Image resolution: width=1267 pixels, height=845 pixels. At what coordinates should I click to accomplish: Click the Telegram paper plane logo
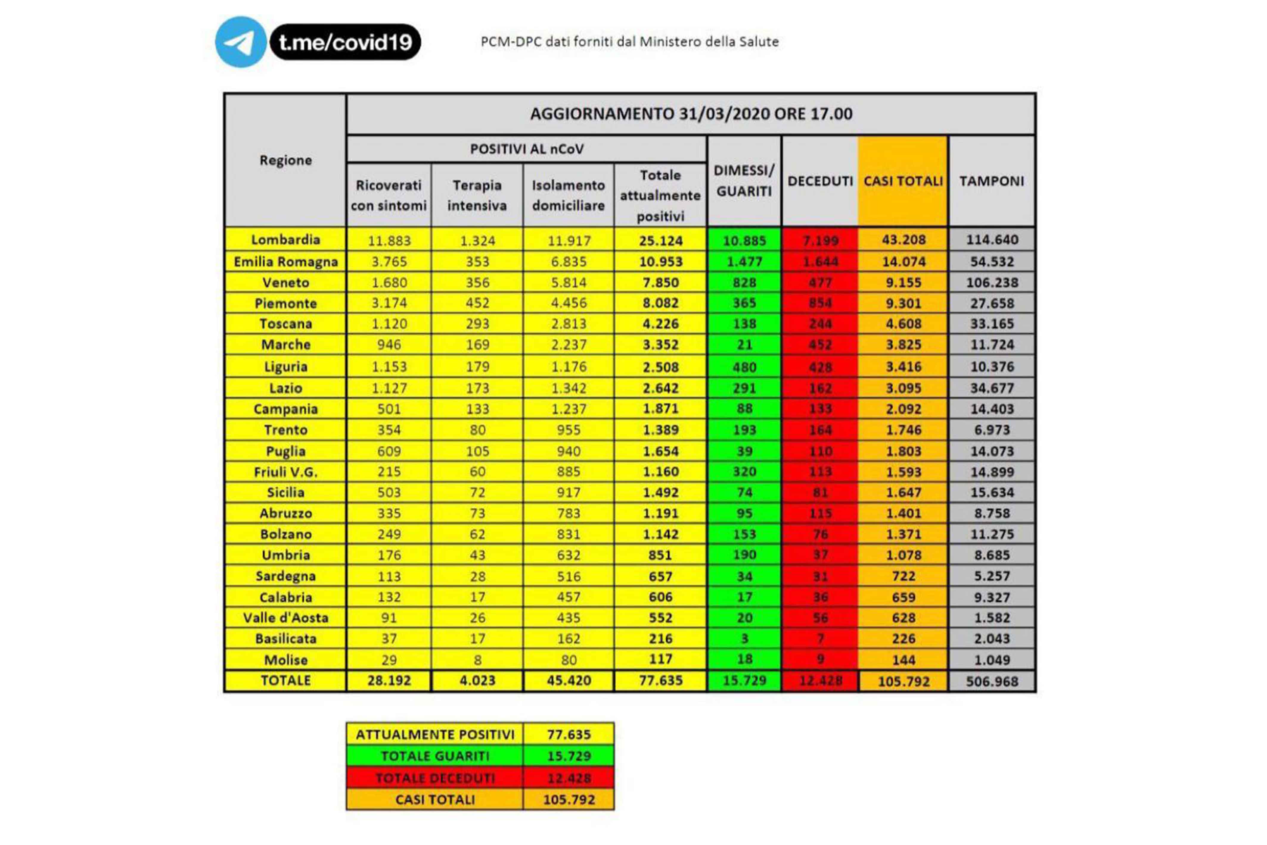(x=240, y=42)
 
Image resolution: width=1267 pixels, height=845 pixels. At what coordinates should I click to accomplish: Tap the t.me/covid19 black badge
(x=345, y=42)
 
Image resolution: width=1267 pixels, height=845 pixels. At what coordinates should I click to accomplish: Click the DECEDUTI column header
(x=820, y=181)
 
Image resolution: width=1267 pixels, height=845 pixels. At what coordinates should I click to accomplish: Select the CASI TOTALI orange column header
(x=903, y=181)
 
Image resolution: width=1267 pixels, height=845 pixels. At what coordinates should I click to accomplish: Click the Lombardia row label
(x=285, y=240)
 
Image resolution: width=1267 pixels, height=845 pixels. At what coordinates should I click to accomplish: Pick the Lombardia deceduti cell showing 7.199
(x=820, y=240)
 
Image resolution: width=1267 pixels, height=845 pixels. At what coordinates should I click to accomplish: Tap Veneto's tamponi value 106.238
(x=992, y=282)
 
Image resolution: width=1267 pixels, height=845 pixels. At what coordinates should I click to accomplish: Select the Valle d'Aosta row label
(x=285, y=618)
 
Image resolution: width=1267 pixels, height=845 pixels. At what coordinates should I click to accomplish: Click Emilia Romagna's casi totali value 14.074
(x=903, y=261)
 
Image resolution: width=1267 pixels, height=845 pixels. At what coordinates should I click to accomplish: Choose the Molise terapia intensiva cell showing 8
(x=477, y=660)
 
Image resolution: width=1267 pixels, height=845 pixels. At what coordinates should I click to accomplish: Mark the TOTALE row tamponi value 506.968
(x=992, y=681)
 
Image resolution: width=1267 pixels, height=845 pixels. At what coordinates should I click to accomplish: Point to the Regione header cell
(x=285, y=160)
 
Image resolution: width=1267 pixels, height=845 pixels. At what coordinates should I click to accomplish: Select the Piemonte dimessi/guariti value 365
(x=744, y=303)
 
